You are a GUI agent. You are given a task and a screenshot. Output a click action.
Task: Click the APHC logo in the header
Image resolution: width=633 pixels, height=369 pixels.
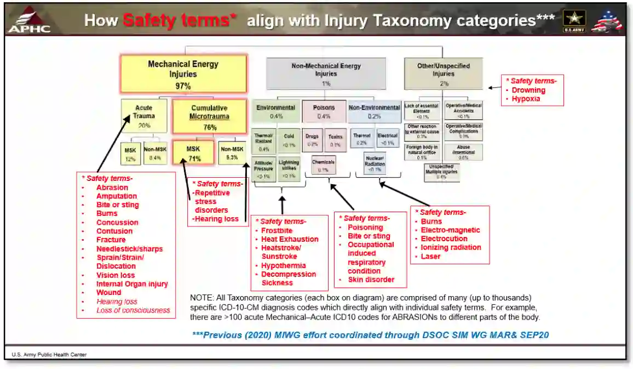point(28,20)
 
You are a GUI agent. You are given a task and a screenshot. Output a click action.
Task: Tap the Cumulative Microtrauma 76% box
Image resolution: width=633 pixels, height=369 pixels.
point(210,116)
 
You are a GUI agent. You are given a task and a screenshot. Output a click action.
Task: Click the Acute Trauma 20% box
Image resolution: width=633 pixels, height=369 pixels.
point(144,116)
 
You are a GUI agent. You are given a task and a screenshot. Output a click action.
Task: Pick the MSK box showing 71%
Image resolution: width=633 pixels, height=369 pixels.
point(193,153)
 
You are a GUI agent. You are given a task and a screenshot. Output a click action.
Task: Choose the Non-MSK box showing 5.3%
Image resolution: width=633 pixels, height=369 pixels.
point(232,153)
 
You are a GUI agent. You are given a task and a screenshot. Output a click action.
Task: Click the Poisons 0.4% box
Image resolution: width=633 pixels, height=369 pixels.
point(324,111)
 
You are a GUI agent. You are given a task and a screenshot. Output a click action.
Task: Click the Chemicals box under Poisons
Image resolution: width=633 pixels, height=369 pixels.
point(323,166)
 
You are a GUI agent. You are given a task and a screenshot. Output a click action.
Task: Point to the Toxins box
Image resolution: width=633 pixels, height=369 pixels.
point(335,140)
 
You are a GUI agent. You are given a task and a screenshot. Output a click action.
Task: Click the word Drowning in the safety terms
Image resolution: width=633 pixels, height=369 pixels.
point(528,90)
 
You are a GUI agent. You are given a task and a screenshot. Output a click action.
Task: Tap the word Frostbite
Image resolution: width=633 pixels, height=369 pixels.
point(277,230)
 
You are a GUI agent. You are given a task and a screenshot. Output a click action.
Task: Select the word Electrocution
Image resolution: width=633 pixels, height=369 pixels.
point(444,239)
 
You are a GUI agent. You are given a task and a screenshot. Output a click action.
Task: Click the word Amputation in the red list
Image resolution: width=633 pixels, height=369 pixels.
point(117,196)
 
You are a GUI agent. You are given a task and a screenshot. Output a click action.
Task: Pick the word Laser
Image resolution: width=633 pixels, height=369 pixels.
point(430,256)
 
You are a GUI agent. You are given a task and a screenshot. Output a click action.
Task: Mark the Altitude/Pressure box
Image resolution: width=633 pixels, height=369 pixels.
point(264,169)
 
